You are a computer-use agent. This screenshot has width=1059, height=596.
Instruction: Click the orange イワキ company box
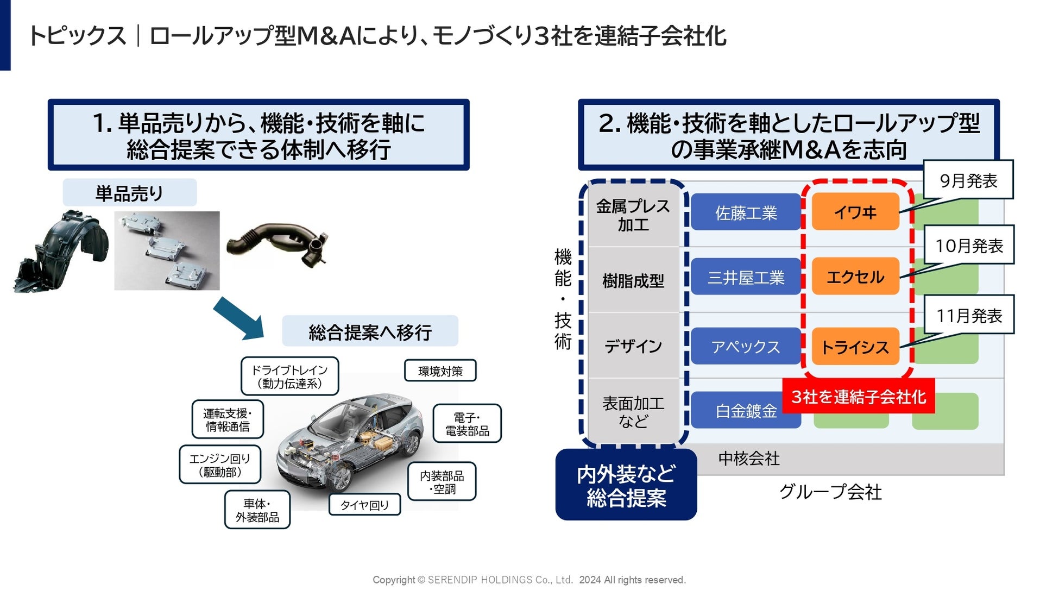point(855,211)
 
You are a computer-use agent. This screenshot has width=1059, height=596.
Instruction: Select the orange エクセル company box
point(855,277)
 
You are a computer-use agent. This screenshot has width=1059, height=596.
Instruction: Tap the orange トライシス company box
point(855,346)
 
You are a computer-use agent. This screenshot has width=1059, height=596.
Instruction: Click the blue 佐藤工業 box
point(746,212)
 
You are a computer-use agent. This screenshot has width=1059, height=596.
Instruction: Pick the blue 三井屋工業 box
point(746,277)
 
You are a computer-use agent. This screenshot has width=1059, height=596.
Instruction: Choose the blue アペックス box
point(746,346)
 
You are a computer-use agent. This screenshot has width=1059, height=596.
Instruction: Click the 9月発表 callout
point(968,180)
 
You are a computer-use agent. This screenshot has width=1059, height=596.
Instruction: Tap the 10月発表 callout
point(969,245)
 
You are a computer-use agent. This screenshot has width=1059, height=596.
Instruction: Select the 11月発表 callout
point(969,315)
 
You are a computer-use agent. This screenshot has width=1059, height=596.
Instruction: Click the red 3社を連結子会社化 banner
point(858,396)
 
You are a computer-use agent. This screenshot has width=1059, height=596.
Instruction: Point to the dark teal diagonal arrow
point(238,318)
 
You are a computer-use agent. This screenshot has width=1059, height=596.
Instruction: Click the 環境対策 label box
point(440,371)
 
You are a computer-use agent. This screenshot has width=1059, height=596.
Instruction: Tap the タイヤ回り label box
point(364,505)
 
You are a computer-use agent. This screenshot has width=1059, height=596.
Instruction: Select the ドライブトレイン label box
point(289,376)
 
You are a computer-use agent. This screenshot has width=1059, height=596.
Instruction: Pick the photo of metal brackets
point(167,250)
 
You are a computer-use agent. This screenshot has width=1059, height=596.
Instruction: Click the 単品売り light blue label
point(129,192)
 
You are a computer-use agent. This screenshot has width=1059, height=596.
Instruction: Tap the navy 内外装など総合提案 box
point(626,485)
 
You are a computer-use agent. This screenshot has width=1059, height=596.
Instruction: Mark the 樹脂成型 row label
point(633,280)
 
